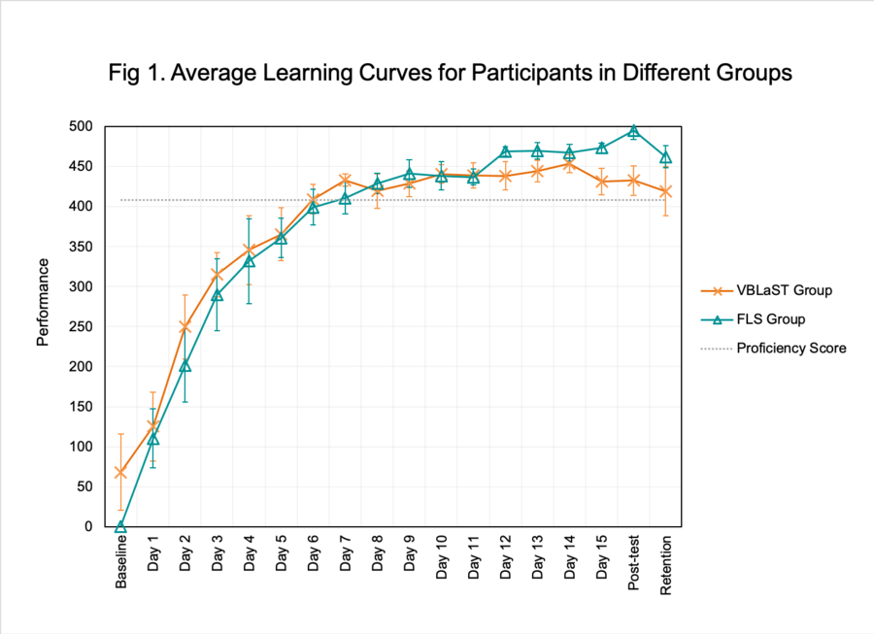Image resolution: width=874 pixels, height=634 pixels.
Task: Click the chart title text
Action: [x=436, y=73]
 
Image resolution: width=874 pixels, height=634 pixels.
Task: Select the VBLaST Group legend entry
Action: [x=783, y=290]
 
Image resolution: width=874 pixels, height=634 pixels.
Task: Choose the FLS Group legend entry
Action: [x=770, y=318]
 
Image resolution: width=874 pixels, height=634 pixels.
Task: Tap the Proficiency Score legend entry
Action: [x=790, y=348]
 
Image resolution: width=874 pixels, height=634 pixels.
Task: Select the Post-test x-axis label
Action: [x=633, y=558]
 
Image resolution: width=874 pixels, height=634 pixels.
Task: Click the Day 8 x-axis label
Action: [x=377, y=554]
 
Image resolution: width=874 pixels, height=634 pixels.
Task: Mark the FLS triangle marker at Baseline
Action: [x=120, y=526]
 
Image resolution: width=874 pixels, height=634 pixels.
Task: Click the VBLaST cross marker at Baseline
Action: [x=120, y=472]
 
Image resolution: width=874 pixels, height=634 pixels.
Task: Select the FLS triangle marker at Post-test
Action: [x=633, y=131]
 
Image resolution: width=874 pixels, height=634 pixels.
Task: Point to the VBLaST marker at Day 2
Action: [x=185, y=326]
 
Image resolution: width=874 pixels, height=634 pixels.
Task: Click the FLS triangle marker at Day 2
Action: [x=185, y=366]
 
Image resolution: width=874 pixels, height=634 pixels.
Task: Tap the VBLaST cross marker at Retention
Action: [x=665, y=191]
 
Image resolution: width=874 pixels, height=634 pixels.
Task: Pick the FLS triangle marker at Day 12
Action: [x=505, y=151]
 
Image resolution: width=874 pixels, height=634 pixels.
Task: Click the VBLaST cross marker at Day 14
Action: [x=569, y=164]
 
